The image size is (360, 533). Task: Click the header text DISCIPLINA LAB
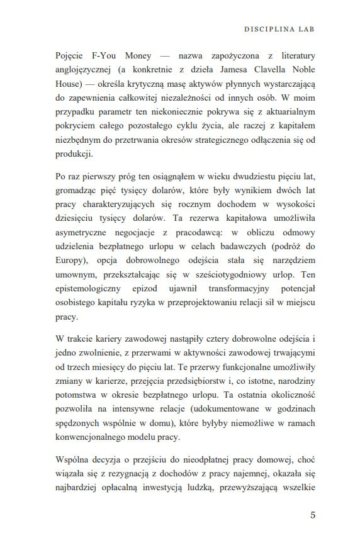[279, 29]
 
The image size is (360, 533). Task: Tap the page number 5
[313, 515]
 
